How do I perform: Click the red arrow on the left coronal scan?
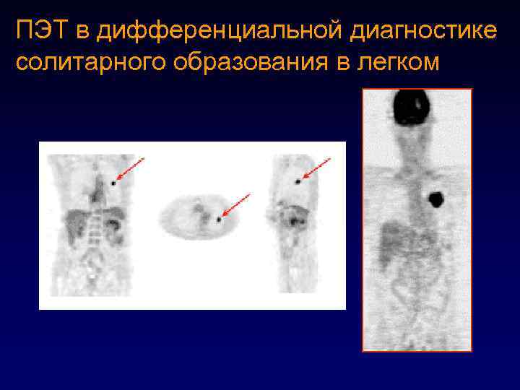point(130,169)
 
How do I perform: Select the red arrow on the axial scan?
point(236,204)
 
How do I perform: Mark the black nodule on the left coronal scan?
point(113,183)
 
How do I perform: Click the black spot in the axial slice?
point(218,218)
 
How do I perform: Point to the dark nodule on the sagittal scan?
point(298,182)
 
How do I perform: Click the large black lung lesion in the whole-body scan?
point(436,198)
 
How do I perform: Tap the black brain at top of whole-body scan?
point(411,107)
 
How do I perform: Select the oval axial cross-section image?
point(196,217)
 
